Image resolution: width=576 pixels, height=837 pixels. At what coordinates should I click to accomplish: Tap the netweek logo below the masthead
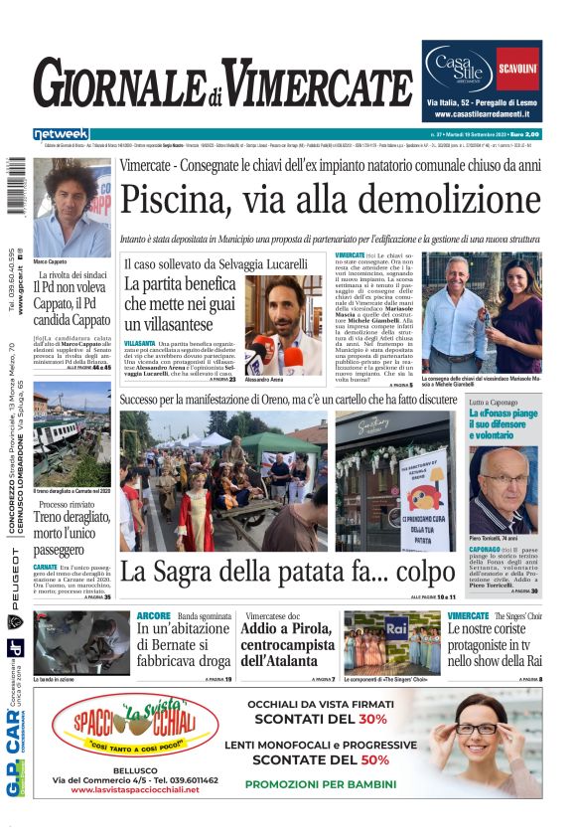click(x=62, y=134)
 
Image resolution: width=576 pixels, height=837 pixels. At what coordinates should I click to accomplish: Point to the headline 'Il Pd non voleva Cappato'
click(x=72, y=305)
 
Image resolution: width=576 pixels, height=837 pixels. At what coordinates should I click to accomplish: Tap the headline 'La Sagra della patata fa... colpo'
click(x=261, y=572)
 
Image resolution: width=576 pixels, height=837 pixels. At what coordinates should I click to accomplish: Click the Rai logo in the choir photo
click(x=397, y=626)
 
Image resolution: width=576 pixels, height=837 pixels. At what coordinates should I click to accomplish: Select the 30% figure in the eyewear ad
click(x=372, y=719)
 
